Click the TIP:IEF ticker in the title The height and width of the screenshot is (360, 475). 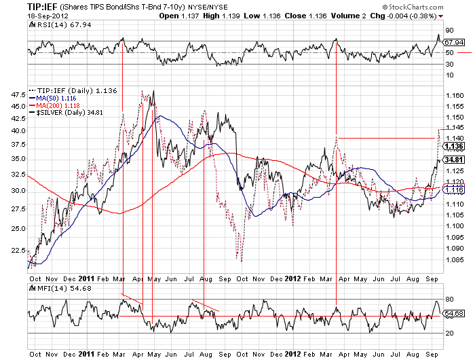22,6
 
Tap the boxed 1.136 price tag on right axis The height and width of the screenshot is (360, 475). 455,146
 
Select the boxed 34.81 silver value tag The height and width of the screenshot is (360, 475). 455,160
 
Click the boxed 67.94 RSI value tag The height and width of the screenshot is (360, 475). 455,42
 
